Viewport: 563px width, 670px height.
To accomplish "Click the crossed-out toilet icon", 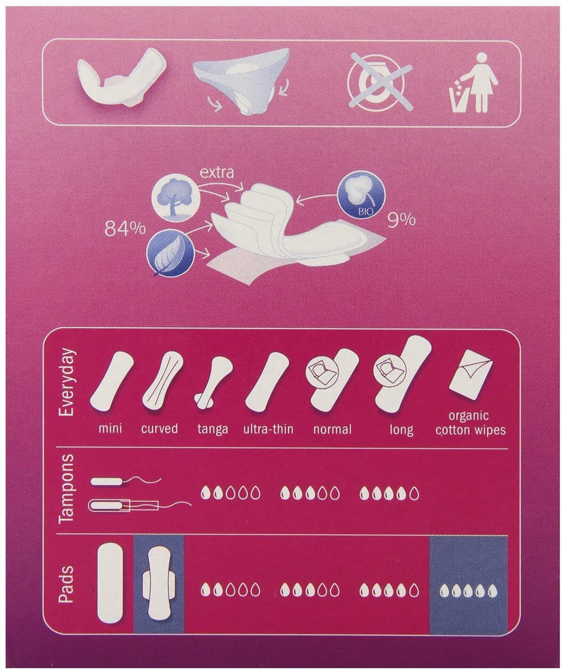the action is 380,80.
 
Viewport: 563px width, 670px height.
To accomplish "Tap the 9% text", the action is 401,219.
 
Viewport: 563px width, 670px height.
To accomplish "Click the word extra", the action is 217,172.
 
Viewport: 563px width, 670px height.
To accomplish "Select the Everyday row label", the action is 67,383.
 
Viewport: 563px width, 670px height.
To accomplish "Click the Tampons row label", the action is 67,488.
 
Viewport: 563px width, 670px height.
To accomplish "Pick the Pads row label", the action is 67,584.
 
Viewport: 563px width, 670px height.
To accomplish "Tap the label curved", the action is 160,429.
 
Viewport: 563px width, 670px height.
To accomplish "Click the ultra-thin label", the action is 268,429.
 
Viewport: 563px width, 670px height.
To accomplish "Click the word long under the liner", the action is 401,429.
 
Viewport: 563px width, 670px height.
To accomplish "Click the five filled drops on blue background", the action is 469,591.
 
